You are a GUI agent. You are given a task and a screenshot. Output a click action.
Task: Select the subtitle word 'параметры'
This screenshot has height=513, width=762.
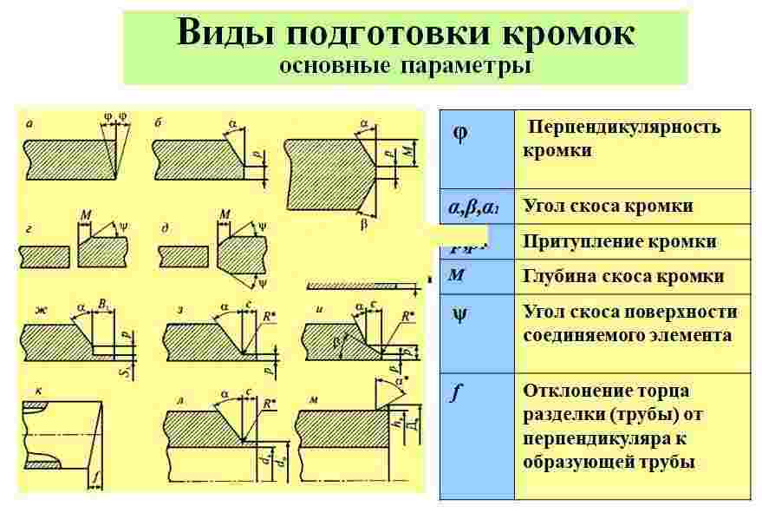pyautogui.click(x=464, y=66)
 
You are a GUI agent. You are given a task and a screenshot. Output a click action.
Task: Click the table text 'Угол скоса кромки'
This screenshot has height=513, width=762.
pyautogui.click(x=607, y=206)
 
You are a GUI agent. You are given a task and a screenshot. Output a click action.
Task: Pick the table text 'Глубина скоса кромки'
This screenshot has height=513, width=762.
pyautogui.click(x=622, y=276)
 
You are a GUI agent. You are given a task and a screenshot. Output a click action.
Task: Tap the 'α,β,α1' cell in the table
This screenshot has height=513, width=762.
pyautogui.click(x=473, y=207)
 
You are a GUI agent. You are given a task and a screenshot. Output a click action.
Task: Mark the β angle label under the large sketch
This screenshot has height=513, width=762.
pyautogui.click(x=364, y=223)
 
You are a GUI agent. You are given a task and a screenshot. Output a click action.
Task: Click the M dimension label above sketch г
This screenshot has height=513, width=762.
pyautogui.click(x=84, y=213)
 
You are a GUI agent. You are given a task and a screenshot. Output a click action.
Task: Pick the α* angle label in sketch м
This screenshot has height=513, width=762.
pyautogui.click(x=401, y=380)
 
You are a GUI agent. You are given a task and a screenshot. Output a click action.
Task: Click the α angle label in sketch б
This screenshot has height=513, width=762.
pyautogui.click(x=232, y=124)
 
